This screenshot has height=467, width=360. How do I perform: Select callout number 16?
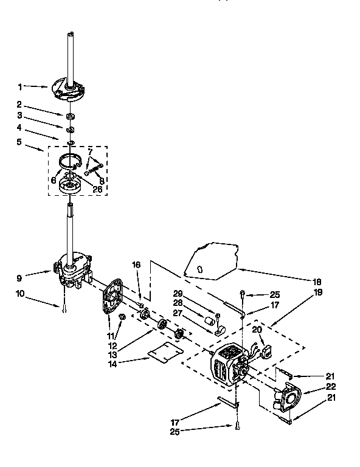click(x=136, y=265)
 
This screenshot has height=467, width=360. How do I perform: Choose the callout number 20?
click(x=257, y=329)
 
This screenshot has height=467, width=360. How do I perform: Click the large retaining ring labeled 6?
click(x=72, y=162)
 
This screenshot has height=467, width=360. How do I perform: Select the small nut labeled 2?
click(x=71, y=115)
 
